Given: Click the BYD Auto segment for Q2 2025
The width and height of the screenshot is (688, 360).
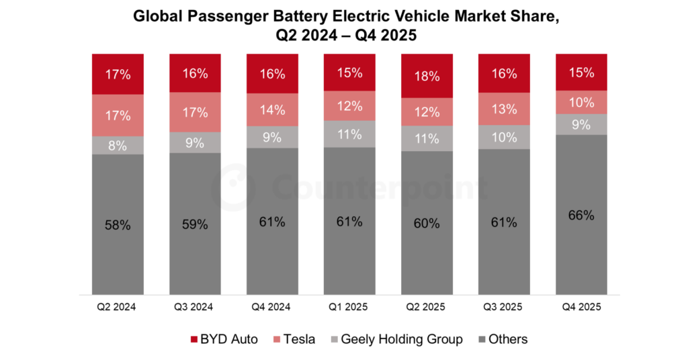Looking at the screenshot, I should point(427,75).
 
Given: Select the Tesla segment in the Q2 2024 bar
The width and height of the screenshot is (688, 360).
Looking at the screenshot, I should point(118,115).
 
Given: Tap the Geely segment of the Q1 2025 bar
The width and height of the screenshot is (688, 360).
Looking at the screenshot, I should point(349,134).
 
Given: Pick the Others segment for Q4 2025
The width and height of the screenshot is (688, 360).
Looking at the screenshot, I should point(580,215).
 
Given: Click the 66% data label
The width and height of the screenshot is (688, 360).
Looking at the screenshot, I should point(580,216).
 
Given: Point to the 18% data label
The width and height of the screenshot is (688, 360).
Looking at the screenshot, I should point(427,75).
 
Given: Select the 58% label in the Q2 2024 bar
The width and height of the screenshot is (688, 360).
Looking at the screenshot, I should point(118,225).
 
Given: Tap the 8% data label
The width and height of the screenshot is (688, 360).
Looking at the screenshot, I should point(118,145).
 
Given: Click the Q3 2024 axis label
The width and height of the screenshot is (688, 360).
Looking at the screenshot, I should point(195,307).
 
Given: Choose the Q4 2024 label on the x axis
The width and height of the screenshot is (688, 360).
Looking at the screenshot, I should point(272,307).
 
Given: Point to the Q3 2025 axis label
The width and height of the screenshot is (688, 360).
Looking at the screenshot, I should point(504,307).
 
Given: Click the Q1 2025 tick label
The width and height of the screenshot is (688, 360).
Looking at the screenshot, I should point(349,307).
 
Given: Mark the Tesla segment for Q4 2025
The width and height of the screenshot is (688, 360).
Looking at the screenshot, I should point(580,103).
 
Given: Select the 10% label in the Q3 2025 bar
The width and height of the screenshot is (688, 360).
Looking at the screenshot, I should point(504,137).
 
